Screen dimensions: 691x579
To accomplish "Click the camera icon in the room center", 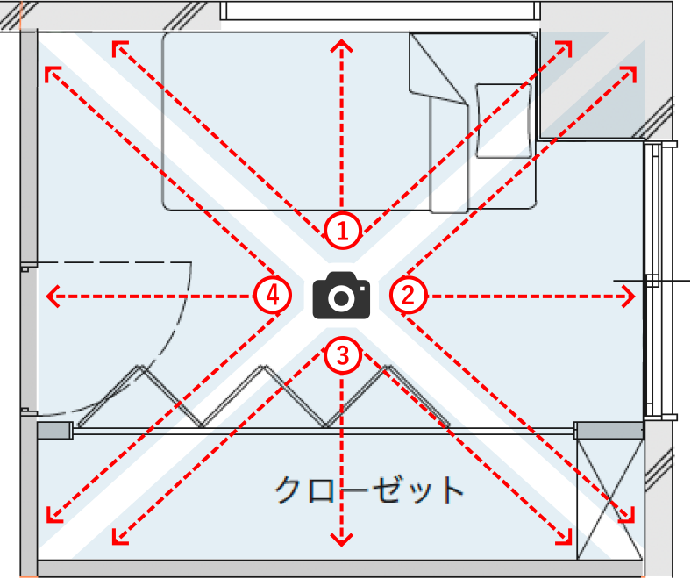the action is click(341, 295).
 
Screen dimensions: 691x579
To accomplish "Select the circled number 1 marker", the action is click(343, 231).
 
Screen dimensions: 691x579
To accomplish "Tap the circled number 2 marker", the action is click(409, 295).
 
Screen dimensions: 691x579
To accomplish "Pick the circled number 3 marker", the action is click(343, 356).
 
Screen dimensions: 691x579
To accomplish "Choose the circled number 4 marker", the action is click(273, 295).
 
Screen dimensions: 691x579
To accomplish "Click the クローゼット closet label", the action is click(369, 490).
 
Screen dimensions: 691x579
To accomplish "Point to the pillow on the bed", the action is click(503, 121).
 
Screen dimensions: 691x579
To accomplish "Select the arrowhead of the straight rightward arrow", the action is click(630, 296).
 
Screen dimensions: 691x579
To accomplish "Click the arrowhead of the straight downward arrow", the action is click(341, 540).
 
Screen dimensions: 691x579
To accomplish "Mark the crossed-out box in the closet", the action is click(609, 500).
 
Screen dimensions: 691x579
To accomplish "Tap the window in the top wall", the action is click(381, 11).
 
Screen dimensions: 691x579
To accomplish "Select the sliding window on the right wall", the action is click(652, 280).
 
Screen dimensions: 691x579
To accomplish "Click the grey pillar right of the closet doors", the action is click(609, 430).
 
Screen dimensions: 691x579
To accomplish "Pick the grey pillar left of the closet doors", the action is click(55, 430).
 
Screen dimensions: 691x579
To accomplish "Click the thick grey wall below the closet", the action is click(339, 568).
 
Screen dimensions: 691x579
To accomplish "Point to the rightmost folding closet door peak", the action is click(387, 367).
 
